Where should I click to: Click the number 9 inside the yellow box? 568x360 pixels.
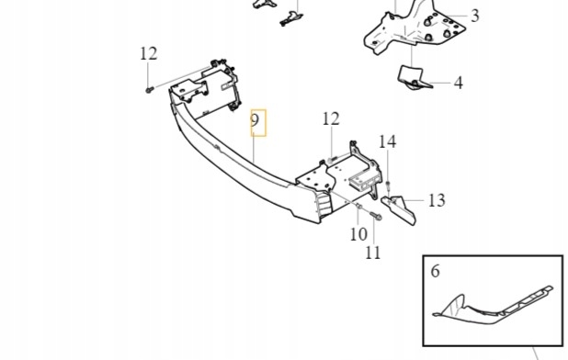[257, 122]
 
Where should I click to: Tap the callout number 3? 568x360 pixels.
[474, 16]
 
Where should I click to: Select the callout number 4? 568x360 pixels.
[458, 83]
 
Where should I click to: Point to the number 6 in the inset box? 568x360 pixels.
[436, 271]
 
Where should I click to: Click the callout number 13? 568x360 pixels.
[436, 200]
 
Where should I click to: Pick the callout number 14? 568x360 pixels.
[388, 141]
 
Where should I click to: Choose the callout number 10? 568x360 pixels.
[358, 234]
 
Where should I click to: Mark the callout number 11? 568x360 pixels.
[372, 253]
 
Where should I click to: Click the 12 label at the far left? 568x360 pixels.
[149, 53]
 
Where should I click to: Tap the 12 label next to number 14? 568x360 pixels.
[331, 118]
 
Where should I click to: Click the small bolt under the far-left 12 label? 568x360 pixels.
[148, 89]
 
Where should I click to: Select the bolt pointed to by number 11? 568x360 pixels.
[377, 218]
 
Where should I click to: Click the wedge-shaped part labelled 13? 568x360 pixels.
[402, 208]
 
